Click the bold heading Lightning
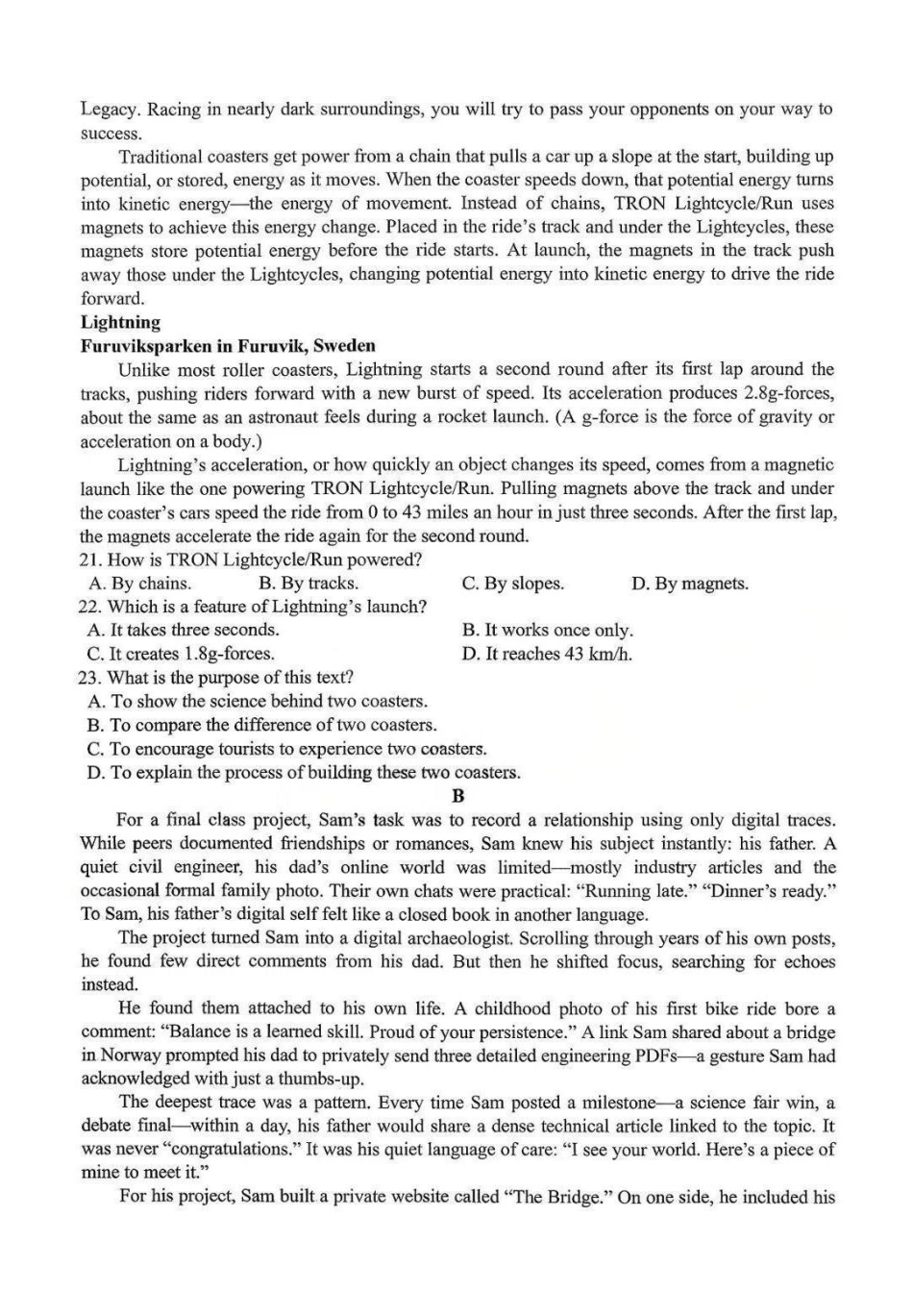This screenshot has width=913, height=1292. coord(120,322)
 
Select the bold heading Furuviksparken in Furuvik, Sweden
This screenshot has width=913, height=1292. coord(228,346)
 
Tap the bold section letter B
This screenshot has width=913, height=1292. coord(457,796)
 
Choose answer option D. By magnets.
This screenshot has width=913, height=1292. coord(689,584)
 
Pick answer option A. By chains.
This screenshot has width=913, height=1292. coord(139,584)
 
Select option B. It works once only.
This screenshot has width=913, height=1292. coord(547,631)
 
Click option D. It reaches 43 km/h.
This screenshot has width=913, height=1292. coord(547,654)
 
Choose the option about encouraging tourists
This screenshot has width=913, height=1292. coord(286,749)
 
